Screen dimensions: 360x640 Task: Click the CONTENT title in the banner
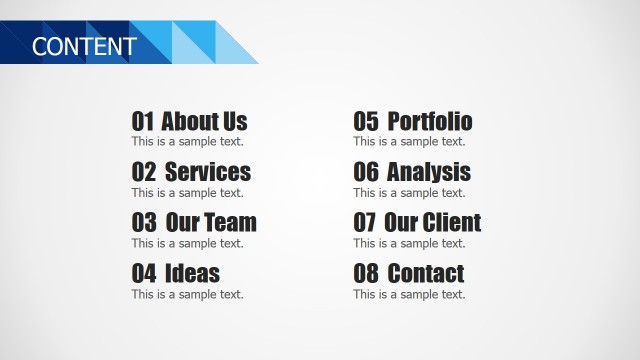pyautogui.click(x=84, y=46)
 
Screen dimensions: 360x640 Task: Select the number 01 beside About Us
pyautogui.click(x=144, y=122)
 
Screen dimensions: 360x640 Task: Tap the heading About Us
pyautogui.click(x=204, y=122)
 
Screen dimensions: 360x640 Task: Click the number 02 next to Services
pyautogui.click(x=144, y=172)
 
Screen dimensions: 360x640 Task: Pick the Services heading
pyautogui.click(x=208, y=172)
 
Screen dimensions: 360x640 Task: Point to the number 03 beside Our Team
pyautogui.click(x=144, y=223)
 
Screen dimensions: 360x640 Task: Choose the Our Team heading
pyautogui.click(x=211, y=223)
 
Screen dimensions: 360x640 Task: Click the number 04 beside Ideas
pyautogui.click(x=144, y=273)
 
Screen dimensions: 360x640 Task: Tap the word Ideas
pyautogui.click(x=192, y=273)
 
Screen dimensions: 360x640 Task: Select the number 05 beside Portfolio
pyautogui.click(x=366, y=122)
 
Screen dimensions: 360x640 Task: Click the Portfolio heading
pyautogui.click(x=430, y=122)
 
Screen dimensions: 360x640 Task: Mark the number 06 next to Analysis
pyautogui.click(x=366, y=172)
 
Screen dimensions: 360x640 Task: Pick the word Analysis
pyautogui.click(x=429, y=172)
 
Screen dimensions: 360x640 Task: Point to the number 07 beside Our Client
pyautogui.click(x=366, y=223)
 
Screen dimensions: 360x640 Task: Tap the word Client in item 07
pyautogui.click(x=452, y=223)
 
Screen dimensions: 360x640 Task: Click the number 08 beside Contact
pyautogui.click(x=366, y=273)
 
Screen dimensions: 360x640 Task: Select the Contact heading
pyautogui.click(x=426, y=273)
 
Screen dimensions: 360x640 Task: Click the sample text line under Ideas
pyautogui.click(x=188, y=294)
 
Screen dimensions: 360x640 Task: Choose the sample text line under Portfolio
pyautogui.click(x=409, y=142)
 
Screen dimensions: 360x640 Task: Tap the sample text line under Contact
pyautogui.click(x=409, y=294)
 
